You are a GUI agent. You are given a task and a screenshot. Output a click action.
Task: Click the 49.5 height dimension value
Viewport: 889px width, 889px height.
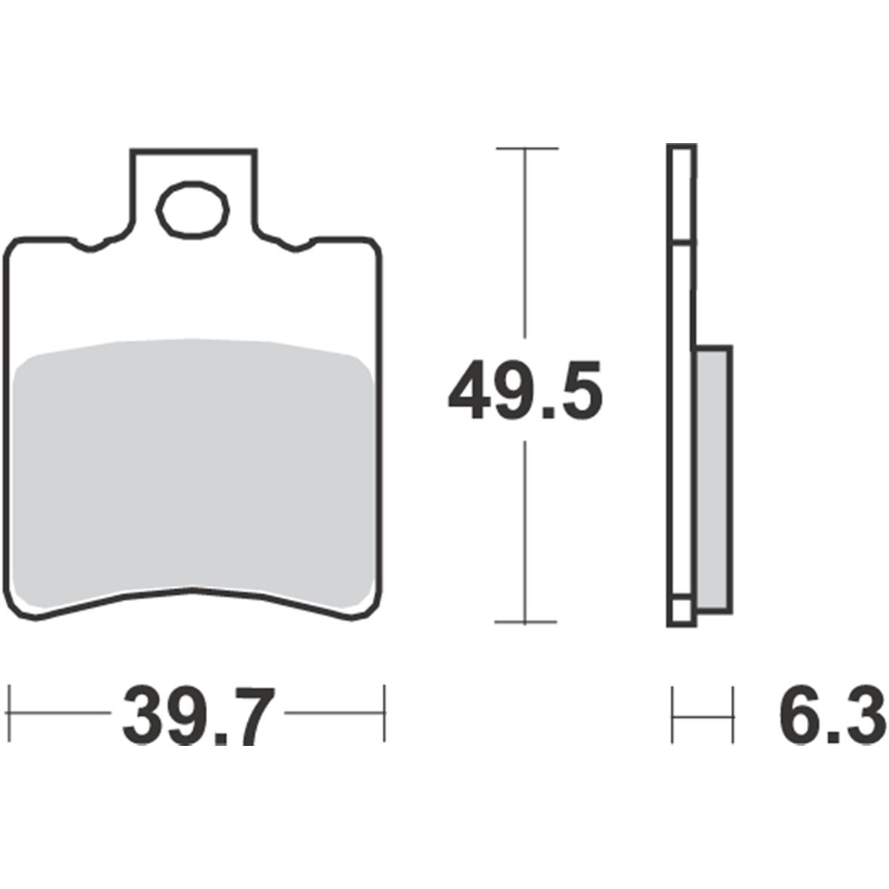(525, 390)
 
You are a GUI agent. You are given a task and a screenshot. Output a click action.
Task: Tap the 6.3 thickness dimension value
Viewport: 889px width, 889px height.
(832, 713)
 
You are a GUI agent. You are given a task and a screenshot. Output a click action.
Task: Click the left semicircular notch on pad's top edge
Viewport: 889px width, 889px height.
(91, 246)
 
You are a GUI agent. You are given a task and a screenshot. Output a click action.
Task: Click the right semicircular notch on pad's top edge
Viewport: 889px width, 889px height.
(295, 246)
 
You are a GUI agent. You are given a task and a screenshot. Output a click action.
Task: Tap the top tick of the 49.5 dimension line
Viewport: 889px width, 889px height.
(526, 148)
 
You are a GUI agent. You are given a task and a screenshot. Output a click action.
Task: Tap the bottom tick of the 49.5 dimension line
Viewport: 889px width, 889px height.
(526, 622)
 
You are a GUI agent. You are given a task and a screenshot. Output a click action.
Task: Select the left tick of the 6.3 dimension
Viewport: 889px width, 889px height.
(673, 714)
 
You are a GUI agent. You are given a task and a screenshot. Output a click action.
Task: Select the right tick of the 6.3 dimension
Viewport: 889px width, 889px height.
(732, 714)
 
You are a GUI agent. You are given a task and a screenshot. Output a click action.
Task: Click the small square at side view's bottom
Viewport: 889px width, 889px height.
(680, 612)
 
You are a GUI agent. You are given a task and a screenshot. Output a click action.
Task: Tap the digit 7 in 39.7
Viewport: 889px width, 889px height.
(243, 714)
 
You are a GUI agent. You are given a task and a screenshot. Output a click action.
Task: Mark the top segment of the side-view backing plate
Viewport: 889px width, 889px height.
(681, 194)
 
